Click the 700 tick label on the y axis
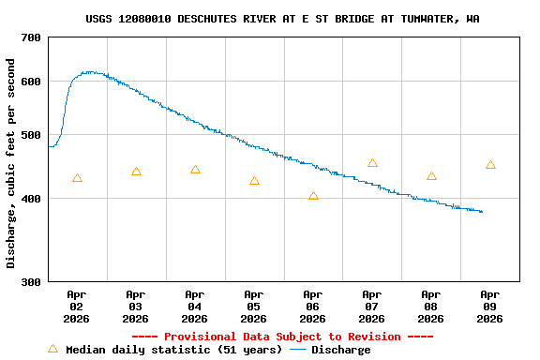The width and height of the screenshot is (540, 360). [31, 37]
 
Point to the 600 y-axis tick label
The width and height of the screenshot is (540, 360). [31, 82]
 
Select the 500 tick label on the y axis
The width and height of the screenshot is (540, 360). [31, 135]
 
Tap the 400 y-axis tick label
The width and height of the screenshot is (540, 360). [31, 199]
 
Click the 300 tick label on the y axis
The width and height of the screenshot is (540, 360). [31, 281]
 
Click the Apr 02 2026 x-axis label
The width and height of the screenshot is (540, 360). [77, 306]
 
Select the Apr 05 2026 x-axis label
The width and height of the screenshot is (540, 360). [254, 306]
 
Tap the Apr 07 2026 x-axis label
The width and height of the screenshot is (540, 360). [372, 306]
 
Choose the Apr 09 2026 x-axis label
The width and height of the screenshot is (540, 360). [490, 306]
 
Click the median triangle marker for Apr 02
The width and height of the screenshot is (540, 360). [77, 178]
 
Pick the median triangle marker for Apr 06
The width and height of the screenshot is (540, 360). [313, 196]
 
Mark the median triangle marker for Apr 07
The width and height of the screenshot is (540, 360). [372, 163]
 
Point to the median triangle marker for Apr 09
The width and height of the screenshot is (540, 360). [490, 165]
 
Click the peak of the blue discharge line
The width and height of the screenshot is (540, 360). [88, 71]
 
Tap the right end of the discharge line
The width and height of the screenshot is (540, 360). [482, 212]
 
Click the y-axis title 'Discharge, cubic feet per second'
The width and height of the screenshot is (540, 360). [11, 163]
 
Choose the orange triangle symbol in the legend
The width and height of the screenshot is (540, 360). [52, 349]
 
